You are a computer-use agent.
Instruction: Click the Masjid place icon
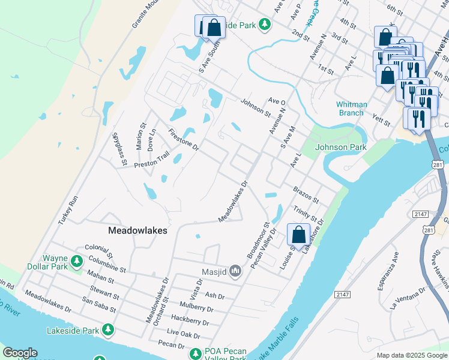pos(235,272)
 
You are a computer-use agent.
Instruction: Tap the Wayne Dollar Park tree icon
pos(76,261)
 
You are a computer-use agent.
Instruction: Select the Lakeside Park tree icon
pos(108,329)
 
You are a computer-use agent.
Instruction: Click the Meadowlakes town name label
pos(137,230)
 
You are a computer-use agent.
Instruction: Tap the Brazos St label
pos(306,194)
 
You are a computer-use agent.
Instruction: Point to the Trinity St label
pos(305,214)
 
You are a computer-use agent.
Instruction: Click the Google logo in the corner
pos(20,353)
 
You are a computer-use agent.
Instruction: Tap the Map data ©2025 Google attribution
pos(412,355)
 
